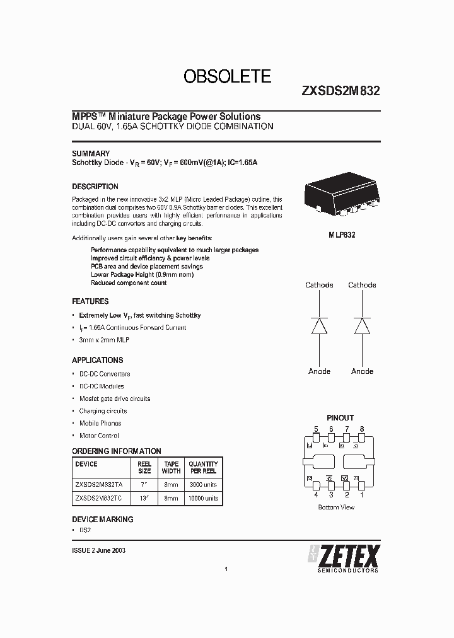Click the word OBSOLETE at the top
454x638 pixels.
tap(227, 77)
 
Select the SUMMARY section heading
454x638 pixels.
tap(91, 153)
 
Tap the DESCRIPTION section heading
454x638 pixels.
tap(95, 187)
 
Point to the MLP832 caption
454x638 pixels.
tap(340, 235)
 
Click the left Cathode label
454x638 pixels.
tap(319, 285)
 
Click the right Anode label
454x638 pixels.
tap(362, 371)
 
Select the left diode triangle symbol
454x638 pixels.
tap(320, 325)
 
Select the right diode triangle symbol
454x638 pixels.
tap(362, 325)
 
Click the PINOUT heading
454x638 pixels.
tap(340, 417)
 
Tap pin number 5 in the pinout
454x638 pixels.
tap(316, 429)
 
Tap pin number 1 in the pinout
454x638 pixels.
tap(362, 495)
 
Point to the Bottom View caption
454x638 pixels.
tap(337, 507)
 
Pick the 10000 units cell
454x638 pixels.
tap(203, 498)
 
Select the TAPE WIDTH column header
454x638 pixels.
tap(171, 467)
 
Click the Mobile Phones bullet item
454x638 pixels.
tap(100, 423)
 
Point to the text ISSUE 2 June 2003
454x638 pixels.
tap(99, 550)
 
